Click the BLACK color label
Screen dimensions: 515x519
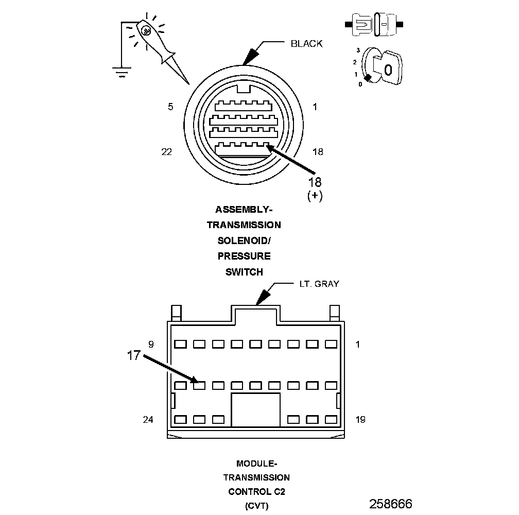point(306,44)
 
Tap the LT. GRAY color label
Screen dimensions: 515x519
point(319,284)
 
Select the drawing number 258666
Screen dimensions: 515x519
point(390,503)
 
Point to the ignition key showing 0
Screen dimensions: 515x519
point(387,67)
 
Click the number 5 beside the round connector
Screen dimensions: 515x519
point(170,107)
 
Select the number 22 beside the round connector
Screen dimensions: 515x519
point(166,151)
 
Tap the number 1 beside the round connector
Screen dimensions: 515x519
point(315,107)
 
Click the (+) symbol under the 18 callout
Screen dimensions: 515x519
point(315,196)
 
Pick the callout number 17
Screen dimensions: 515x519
point(133,355)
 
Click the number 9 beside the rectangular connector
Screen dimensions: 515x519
point(151,344)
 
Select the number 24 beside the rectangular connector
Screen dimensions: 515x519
point(148,420)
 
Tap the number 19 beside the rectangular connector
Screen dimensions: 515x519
point(360,420)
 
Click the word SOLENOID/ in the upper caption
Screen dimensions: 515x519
point(244,241)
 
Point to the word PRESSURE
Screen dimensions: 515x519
point(244,256)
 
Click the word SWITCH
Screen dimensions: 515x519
point(244,272)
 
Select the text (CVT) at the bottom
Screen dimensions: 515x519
point(256,505)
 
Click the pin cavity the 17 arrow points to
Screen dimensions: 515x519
point(199,385)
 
